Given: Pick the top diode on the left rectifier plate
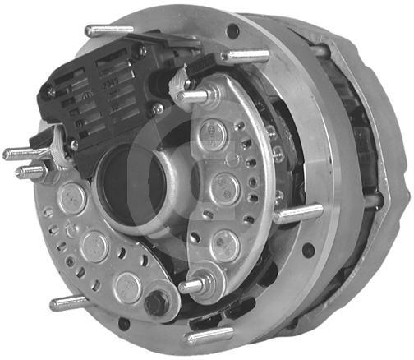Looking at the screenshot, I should pyautogui.click(x=72, y=197).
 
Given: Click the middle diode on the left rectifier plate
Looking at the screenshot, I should pyautogui.click(x=95, y=246).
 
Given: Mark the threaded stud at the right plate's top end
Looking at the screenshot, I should pyautogui.click(x=191, y=96).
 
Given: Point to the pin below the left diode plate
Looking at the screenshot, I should pyautogui.click(x=70, y=303).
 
